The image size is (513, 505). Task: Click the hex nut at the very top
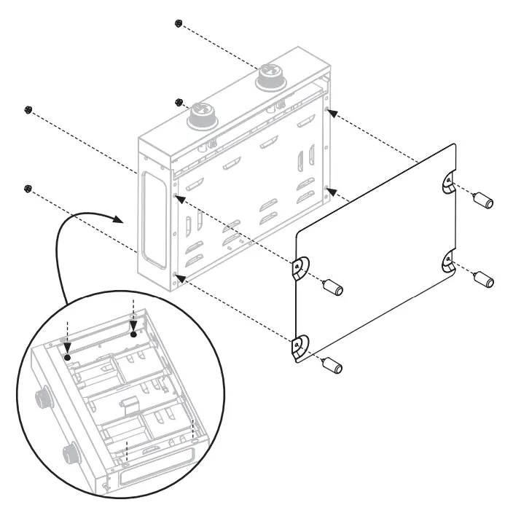point(179,23)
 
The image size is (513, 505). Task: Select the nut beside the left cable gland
point(179,102)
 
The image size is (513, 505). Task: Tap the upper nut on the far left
point(28,110)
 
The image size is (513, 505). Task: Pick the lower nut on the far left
point(28,189)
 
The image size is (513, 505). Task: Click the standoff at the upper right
point(484,200)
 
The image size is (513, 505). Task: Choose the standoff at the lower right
point(484,279)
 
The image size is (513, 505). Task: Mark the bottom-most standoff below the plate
point(333,363)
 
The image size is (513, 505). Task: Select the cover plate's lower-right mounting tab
point(447,262)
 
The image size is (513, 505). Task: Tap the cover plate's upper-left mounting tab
point(299,268)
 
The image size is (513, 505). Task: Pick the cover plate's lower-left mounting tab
point(299,347)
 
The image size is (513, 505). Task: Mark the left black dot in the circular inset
point(67,358)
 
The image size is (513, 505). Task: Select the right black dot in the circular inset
point(133,334)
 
